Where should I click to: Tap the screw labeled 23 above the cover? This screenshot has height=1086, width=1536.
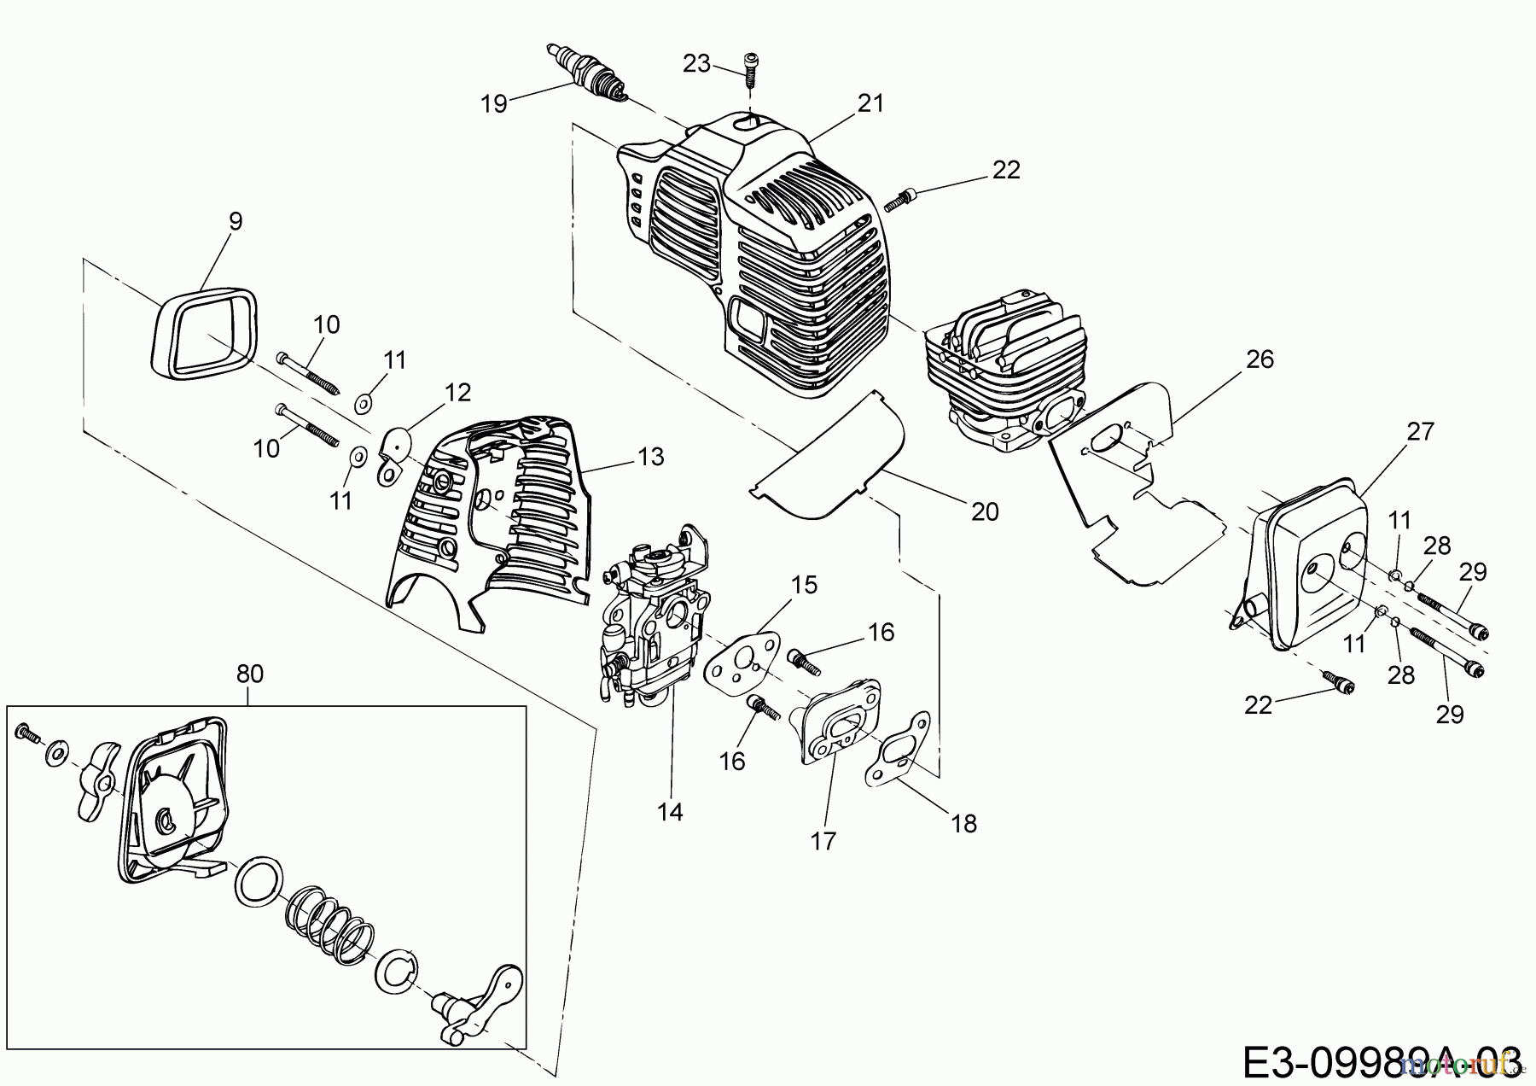coord(749,69)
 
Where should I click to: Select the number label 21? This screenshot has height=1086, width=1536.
coord(871,103)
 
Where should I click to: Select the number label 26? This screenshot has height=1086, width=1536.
coord(1260,359)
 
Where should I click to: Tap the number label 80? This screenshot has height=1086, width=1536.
coord(250,674)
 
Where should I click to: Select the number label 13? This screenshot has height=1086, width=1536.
coord(650,458)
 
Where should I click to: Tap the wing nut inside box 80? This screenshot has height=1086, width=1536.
coord(96,782)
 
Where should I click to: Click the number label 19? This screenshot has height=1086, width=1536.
coord(494,104)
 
